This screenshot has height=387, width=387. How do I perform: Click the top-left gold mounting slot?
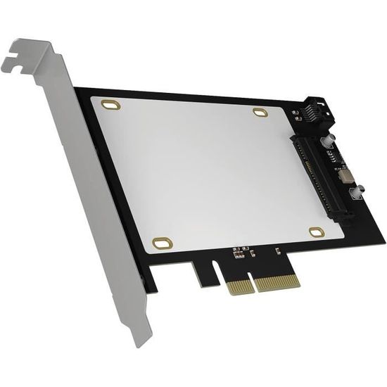point(110,105)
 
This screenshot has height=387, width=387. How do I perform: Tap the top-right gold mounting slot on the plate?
point(260,112)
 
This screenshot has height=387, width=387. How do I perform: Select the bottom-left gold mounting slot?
point(163,243)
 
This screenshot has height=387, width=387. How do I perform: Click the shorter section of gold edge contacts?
point(239,286)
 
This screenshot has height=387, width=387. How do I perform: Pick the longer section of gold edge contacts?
point(277,281)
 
